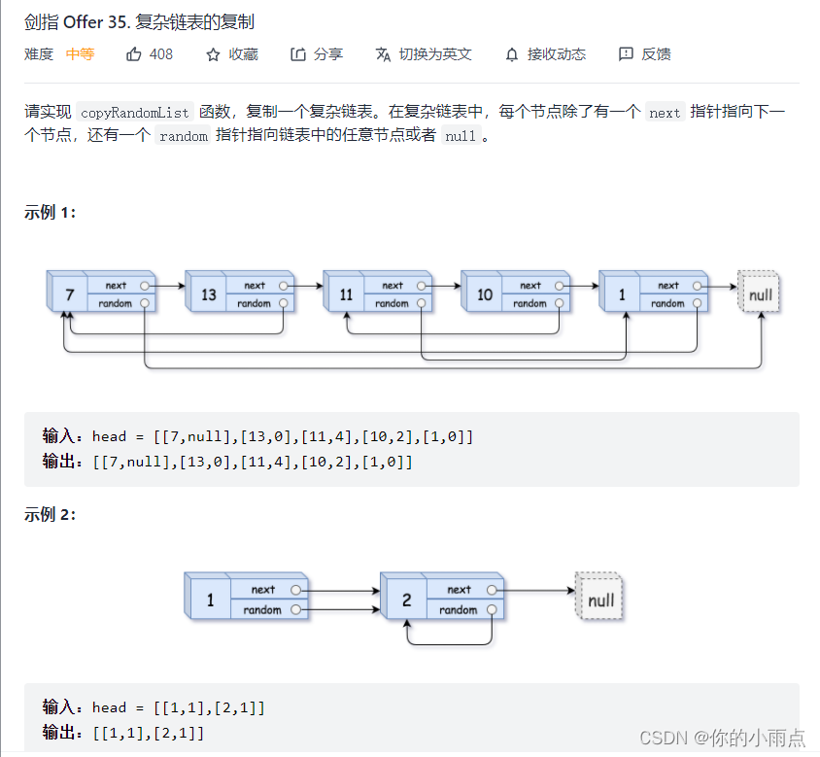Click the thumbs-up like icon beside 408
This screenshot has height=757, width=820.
pos(135,54)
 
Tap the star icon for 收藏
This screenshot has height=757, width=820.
pos(214,54)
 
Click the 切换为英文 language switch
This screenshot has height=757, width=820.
pos(424,54)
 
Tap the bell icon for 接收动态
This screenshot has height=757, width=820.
pos(512,54)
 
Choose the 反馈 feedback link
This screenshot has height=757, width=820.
pos(645,54)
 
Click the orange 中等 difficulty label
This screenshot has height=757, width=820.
pos(80,54)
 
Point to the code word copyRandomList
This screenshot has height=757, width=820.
pos(135,113)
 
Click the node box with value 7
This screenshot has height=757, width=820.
pos(68,294)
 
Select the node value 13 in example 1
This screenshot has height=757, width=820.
pos(207,294)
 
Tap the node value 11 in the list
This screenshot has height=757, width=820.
pos(345,294)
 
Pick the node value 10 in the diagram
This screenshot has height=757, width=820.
pos(484,294)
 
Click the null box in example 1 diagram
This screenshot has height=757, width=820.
pos(760,293)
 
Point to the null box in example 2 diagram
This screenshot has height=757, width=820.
pos(599,600)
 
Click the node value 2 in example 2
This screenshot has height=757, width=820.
pos(405,600)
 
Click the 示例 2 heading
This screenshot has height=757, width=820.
pos(50,515)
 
